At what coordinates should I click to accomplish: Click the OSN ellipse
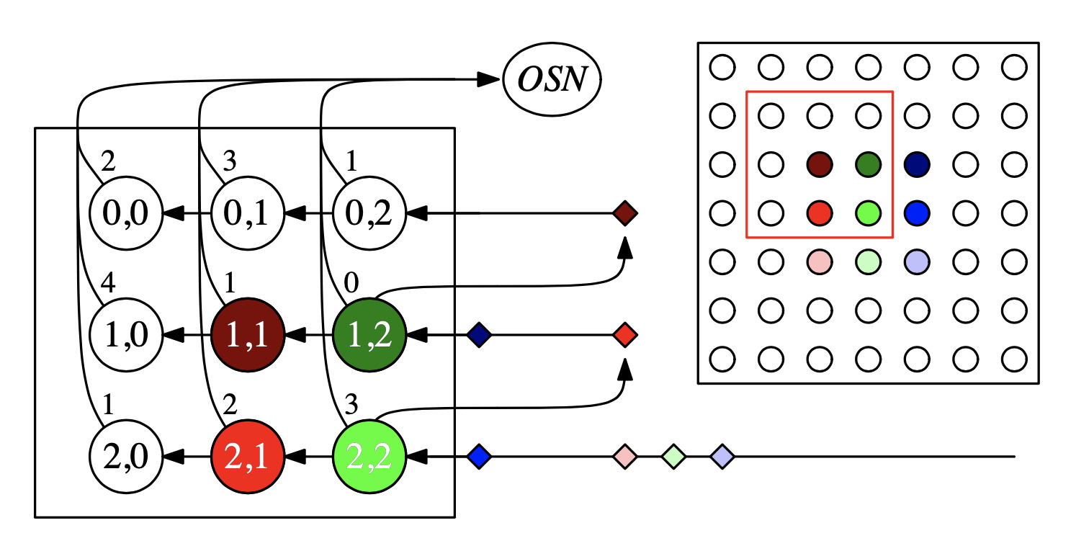coord(552,79)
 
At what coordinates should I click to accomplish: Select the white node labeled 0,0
coord(126,214)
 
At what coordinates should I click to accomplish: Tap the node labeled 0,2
coord(369,214)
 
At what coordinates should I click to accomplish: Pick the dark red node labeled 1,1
coord(247,335)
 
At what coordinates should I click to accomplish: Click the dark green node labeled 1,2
coord(369,335)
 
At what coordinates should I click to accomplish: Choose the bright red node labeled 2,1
coord(247,456)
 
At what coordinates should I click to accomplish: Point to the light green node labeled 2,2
coord(369,456)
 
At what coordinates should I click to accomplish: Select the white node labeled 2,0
coord(126,456)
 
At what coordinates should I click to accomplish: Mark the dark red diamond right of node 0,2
coord(624,214)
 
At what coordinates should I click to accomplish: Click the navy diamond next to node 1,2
coord(479,335)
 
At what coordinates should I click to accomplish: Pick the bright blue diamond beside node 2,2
coord(479,456)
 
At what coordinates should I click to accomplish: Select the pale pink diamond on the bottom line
coord(624,456)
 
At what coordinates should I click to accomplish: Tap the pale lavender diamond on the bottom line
coord(721,456)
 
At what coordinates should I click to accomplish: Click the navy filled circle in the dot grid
coord(916,165)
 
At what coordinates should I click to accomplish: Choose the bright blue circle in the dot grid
coord(916,213)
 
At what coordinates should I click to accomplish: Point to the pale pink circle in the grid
coord(820,261)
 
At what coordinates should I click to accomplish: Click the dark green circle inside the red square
coord(868,165)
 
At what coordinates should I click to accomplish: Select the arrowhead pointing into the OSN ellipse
coord(491,79)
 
